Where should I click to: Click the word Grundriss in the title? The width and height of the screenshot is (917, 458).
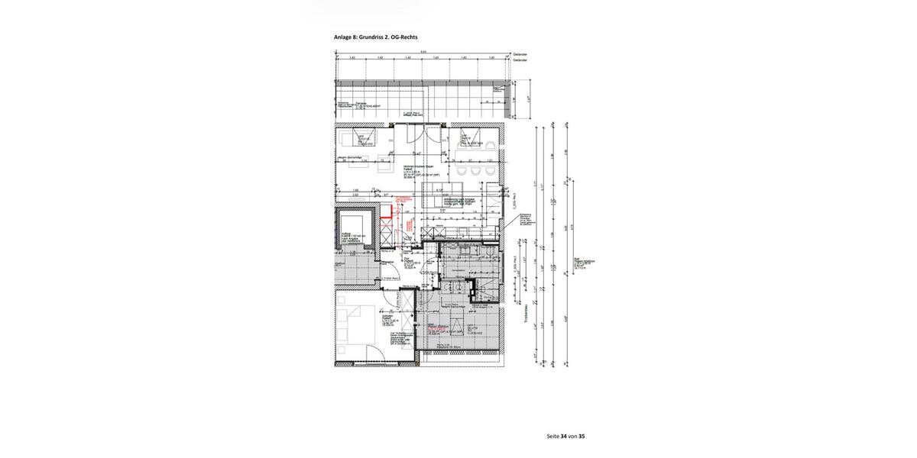pyautogui.click(x=375, y=37)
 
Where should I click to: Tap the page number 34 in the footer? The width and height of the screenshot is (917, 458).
pyautogui.click(x=564, y=436)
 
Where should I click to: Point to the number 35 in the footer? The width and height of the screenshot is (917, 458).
pyautogui.click(x=582, y=436)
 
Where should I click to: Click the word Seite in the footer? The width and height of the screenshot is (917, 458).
pyautogui.click(x=553, y=436)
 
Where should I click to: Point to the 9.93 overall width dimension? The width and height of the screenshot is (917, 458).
pyautogui.click(x=423, y=51)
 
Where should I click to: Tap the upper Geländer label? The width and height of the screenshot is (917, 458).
pyautogui.click(x=520, y=54)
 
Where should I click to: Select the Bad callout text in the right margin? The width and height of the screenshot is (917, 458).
pyautogui.click(x=584, y=263)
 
